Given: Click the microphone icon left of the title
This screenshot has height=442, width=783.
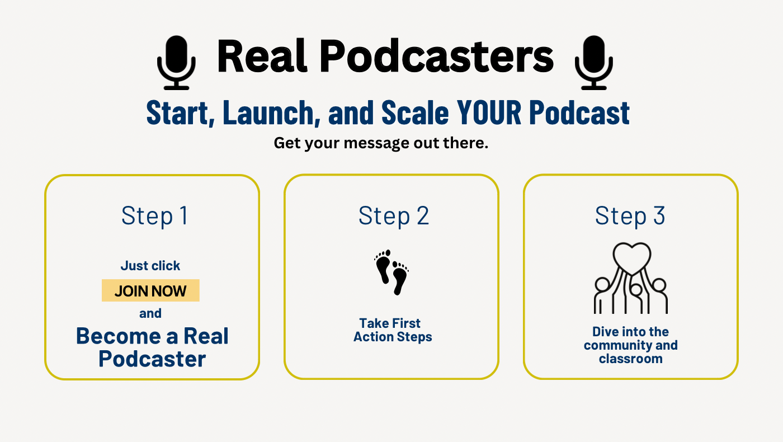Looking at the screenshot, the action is (176, 63).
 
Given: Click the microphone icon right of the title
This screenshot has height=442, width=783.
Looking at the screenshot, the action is (593, 63).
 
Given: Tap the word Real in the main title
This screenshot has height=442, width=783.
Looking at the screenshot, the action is (262, 56).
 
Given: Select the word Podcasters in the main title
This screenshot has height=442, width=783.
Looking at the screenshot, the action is (437, 56).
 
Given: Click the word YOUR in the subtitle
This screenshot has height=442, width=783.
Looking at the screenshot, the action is (489, 112).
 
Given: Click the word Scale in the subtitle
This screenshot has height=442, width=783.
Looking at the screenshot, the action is (415, 112).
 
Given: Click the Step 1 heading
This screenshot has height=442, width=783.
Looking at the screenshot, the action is (154, 216).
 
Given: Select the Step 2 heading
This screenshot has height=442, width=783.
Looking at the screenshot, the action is (394, 216).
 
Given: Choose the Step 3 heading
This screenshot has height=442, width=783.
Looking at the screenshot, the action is (630, 216).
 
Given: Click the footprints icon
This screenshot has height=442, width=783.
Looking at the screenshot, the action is (391, 272).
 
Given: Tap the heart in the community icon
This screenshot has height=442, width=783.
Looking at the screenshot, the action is (632, 258).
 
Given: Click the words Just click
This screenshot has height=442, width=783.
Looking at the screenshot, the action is (150, 266).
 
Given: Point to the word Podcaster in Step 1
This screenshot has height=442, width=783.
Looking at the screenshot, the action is (152, 359).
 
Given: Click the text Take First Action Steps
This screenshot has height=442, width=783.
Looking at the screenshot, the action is (393, 330).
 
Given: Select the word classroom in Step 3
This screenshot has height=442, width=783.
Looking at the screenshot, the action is (631, 359).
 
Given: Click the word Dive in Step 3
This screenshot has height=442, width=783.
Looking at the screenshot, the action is (604, 331).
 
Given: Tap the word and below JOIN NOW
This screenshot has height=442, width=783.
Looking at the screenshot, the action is (150, 313).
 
